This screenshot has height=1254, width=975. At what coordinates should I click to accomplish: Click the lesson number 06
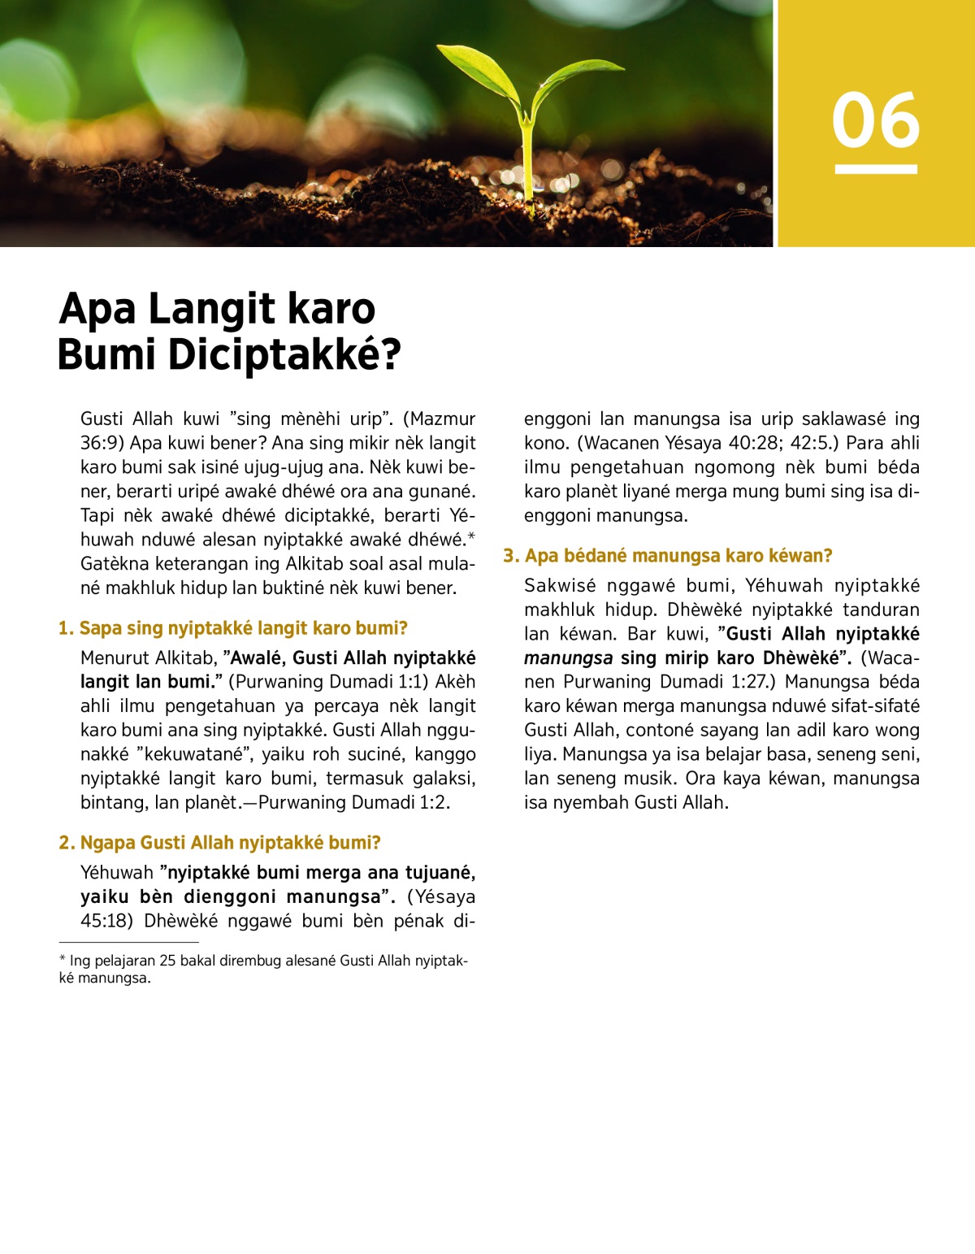point(875,120)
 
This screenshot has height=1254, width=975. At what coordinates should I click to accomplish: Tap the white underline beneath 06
point(875,169)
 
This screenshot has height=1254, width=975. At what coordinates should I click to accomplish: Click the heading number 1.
point(65,628)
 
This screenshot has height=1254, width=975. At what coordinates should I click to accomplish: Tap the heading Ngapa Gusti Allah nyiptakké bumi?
point(230,843)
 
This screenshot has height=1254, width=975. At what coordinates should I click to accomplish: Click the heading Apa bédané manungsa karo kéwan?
point(678,556)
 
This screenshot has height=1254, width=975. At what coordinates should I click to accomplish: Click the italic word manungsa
point(568,657)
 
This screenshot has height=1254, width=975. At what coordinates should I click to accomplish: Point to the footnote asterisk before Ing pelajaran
point(62,960)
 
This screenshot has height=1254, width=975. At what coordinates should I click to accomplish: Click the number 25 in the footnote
point(167,961)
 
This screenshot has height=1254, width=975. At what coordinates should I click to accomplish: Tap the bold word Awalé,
point(258,657)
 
